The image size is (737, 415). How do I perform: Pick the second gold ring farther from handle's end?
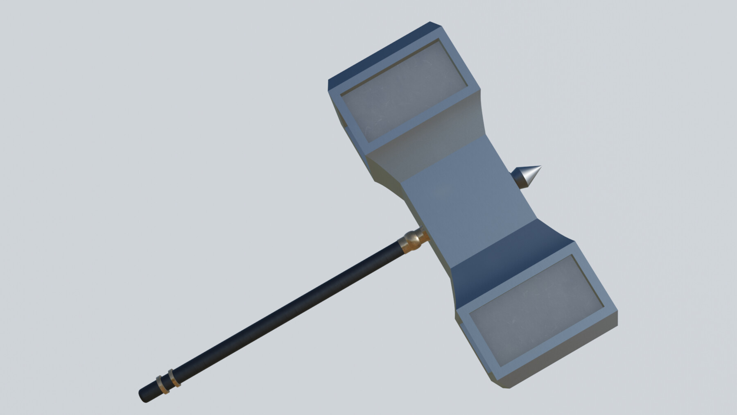click(174, 377)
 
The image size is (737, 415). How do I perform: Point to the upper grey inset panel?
click(403, 92)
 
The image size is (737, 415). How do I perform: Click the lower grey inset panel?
click(536, 311)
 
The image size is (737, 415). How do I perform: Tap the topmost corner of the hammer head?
click(430, 22)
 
